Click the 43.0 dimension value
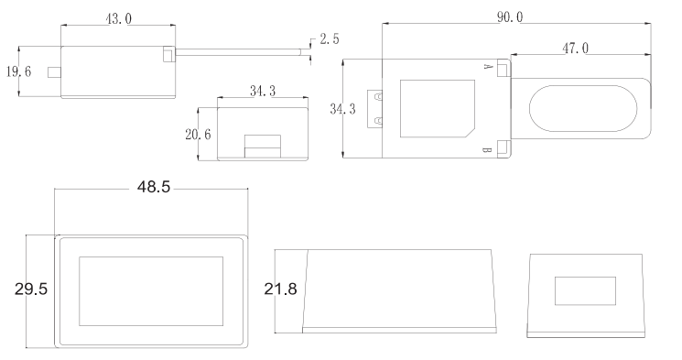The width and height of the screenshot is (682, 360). (118, 18)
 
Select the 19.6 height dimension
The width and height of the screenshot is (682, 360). (18, 71)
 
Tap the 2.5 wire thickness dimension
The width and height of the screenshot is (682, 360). (330, 39)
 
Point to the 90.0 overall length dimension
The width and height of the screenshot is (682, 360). (510, 17)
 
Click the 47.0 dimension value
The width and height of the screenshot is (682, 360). (576, 48)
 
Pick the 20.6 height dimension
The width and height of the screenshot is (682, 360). (198, 135)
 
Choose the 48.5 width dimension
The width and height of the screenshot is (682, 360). (154, 187)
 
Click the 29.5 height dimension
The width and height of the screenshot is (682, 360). (31, 289)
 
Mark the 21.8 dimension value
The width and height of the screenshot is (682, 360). (280, 289)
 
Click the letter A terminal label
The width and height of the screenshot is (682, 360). (488, 67)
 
